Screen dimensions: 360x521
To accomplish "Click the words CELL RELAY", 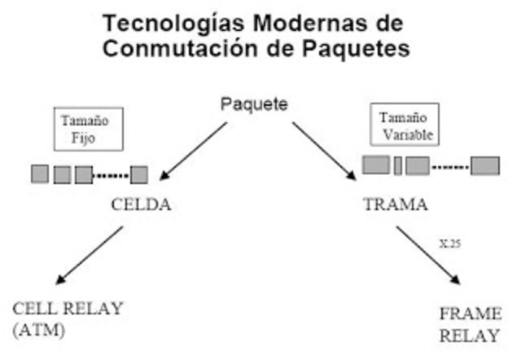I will pyautogui.click(x=68, y=309).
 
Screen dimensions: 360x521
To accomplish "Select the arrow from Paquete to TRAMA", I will pyautogui.click(x=324, y=151).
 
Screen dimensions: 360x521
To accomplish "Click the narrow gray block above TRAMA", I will pyautogui.click(x=397, y=165).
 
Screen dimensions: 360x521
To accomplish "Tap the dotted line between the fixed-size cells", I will pyautogui.click(x=112, y=174).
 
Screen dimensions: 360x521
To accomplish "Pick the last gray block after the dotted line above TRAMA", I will pyautogui.click(x=484, y=165).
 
